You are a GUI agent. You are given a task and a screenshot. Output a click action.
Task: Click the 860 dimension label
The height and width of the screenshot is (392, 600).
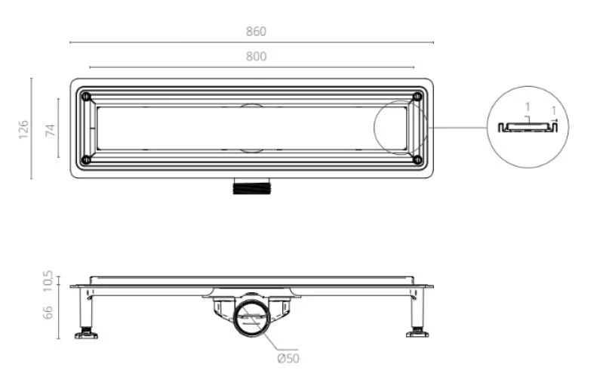click(256, 32)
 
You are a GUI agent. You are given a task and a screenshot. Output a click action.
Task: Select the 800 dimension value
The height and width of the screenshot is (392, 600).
click(256, 57)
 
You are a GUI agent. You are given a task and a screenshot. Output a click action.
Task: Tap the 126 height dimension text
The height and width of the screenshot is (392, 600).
click(23, 129)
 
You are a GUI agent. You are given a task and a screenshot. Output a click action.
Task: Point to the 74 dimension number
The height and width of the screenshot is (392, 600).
click(50, 130)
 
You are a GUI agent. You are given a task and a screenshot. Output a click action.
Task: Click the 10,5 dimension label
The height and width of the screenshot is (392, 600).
click(48, 281)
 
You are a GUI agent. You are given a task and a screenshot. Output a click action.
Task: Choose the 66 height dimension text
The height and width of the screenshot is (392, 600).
click(48, 313)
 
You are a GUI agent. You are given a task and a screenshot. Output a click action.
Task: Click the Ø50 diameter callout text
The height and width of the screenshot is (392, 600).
click(288, 359)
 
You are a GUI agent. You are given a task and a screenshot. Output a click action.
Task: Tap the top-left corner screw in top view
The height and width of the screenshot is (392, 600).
click(86, 96)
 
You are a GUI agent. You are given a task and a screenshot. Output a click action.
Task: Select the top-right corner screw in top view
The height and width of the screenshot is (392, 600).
click(417, 96)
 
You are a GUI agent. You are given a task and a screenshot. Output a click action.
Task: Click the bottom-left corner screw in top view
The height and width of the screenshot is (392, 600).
click(86, 159)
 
